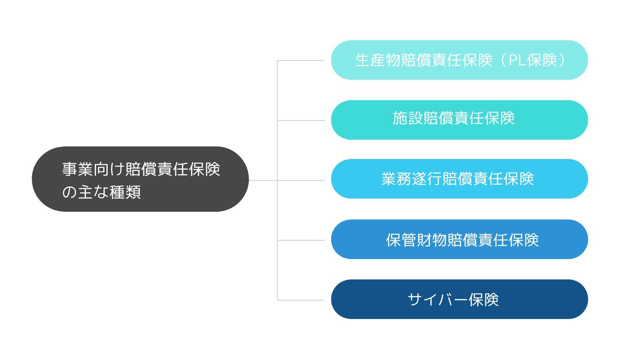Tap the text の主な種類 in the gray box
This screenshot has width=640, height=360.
[101, 192]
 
